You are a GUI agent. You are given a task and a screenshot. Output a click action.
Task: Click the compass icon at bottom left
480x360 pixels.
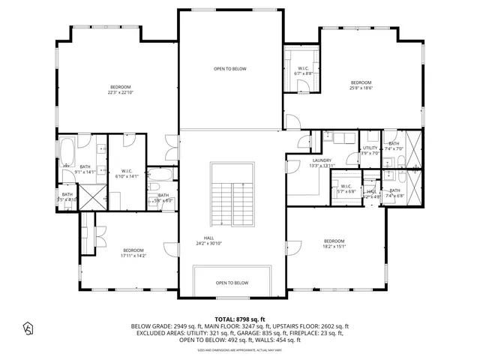coord(28,328)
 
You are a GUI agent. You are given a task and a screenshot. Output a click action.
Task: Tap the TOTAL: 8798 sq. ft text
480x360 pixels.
coord(240,319)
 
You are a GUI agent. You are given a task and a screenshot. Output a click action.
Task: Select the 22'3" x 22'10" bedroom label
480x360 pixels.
coord(120,90)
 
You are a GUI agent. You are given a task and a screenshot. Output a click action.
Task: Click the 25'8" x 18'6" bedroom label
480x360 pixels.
coord(361,85)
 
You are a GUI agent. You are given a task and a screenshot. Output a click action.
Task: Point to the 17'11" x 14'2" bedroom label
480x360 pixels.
coord(133,253)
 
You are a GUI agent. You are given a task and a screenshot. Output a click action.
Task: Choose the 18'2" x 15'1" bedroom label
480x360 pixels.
coord(334,244)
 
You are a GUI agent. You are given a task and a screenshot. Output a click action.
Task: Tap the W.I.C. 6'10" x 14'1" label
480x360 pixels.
coord(127,173)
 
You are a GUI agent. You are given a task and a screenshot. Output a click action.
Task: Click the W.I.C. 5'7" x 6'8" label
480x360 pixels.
coord(346,189)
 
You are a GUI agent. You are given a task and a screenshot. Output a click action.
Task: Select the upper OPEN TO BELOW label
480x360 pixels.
coord(229,69)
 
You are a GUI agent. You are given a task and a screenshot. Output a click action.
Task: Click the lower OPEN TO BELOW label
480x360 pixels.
coord(232,283)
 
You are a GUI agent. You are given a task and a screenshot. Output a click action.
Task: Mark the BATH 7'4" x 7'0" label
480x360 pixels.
coord(394,146)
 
